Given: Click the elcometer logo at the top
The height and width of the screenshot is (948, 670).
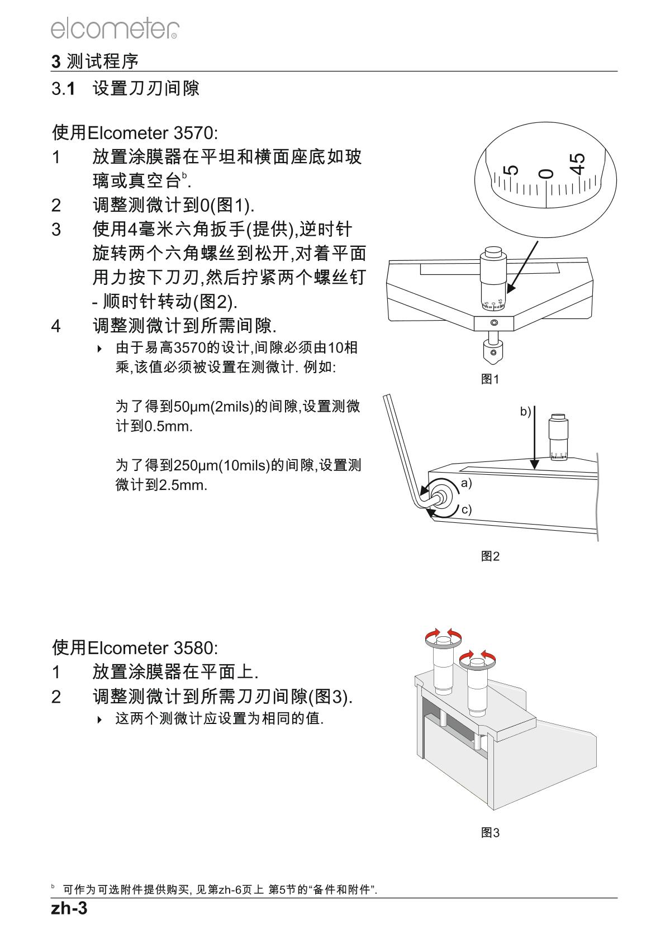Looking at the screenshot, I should point(115,28).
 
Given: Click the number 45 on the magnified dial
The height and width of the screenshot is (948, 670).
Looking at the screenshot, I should point(578,164).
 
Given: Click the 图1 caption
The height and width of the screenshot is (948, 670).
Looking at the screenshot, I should point(490,379).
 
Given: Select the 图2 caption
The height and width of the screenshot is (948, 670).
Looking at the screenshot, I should point(490,556).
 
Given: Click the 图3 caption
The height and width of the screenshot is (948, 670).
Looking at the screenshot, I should point(490,833).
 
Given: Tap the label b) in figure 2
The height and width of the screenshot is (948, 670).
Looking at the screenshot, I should point(525,412).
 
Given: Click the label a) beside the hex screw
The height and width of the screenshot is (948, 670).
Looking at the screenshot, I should point(466,483).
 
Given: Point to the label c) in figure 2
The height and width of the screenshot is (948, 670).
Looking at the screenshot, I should point(466,509).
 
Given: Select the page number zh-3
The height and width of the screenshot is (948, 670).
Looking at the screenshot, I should point(69,909).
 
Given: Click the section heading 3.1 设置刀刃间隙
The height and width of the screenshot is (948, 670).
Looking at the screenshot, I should point(125,88).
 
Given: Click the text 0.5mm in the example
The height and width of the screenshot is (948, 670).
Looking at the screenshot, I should point(168,427).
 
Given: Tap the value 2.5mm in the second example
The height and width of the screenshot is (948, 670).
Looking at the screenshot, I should point(183,485).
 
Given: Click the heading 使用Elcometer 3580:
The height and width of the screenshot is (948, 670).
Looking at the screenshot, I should point(135,648).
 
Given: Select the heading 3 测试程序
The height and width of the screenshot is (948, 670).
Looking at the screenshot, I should point(94,61).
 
